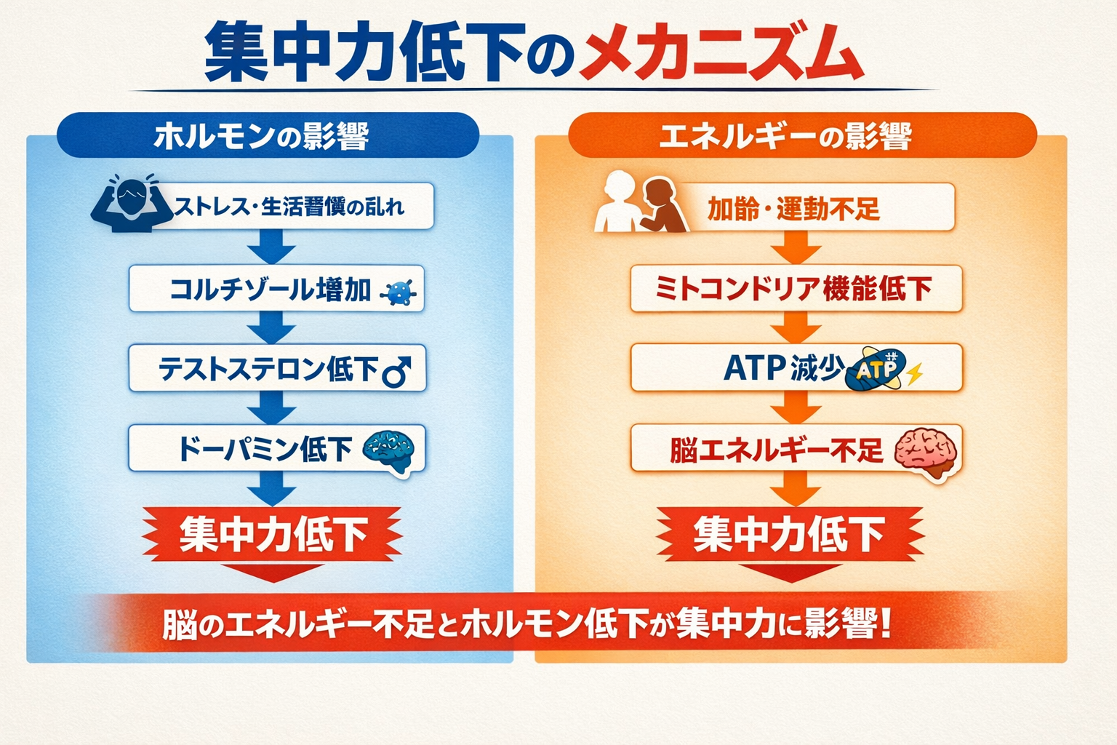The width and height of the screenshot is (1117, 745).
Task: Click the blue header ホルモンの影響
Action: pos(268,135)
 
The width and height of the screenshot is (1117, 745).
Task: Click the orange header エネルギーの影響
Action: pos(802,135)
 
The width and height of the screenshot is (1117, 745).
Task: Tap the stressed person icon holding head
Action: pos(132,203)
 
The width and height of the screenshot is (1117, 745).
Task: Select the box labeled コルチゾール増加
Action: pos(276,288)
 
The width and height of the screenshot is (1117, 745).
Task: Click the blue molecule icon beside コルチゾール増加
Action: pos(399,292)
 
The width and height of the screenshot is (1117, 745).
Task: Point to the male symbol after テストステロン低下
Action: pos(396,372)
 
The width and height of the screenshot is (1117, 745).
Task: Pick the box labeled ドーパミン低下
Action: pos(277,448)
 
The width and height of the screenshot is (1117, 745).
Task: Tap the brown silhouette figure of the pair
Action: pos(662,205)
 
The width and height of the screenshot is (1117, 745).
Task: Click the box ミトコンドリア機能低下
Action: pos(796,288)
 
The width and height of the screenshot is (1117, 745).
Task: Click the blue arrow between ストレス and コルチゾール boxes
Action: pos(272,246)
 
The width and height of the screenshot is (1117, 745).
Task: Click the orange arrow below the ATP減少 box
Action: pos(796,407)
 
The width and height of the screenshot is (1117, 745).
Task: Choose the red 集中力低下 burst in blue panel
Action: pos(272,534)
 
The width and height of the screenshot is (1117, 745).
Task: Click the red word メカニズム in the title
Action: pos(721,52)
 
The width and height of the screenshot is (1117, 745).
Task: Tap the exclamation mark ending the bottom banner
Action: pos(886,624)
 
